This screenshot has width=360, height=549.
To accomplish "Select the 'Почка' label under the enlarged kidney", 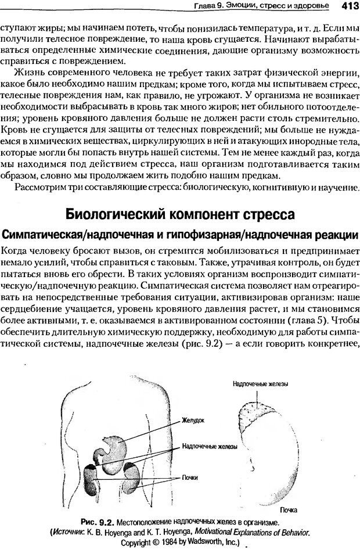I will tap(290, 509).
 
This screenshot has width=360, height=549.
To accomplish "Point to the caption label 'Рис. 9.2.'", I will tap(96, 521).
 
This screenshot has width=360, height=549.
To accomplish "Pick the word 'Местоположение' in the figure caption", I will tap(143, 521).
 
